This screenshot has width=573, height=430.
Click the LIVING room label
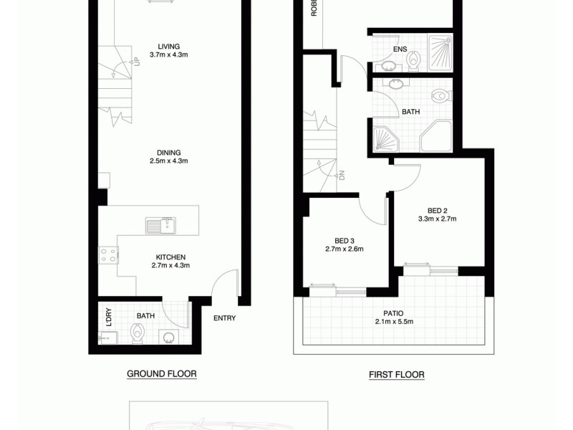click(x=169, y=47)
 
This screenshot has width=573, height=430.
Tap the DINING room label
click(x=169, y=152)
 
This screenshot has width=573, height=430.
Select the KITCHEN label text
click(x=171, y=257)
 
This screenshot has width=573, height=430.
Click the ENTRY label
click(x=224, y=318)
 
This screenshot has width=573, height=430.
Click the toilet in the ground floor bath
click(x=137, y=333)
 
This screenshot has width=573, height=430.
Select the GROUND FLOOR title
click(x=161, y=374)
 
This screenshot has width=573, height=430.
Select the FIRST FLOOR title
click(x=396, y=374)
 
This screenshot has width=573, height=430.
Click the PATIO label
click(x=394, y=312)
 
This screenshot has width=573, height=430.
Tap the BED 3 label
click(x=345, y=240)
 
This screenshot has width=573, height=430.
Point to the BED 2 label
click(x=436, y=210)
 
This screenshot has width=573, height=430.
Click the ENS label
click(x=400, y=49)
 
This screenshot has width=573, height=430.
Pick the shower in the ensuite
click(x=440, y=52)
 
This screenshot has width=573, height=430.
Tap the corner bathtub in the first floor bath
click(x=387, y=136)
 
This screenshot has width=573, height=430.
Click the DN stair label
click(x=342, y=174)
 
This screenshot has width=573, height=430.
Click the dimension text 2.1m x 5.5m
click(x=394, y=322)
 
